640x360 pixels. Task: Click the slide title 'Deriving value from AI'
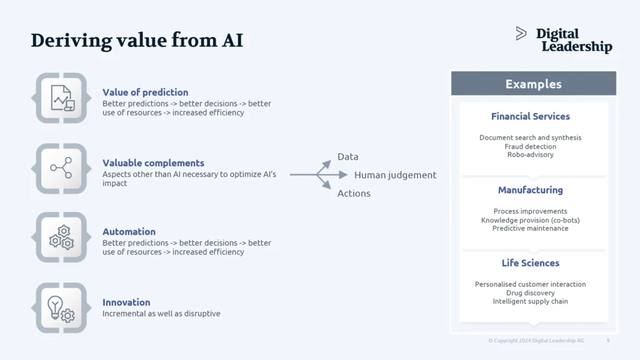click(x=137, y=41)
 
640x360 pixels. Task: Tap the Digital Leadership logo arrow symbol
click(x=521, y=34)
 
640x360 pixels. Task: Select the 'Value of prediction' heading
click(x=145, y=92)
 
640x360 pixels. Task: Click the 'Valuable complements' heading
click(x=153, y=163)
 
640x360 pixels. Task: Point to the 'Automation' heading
click(x=129, y=232)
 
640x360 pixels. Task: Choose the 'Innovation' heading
click(x=126, y=302)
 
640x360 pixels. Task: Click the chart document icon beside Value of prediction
click(x=61, y=97)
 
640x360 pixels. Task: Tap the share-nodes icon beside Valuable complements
click(x=61, y=168)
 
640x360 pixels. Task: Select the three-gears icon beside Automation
click(x=61, y=237)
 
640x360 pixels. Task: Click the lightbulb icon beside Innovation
click(x=61, y=307)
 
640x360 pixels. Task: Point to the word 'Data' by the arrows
click(x=348, y=157)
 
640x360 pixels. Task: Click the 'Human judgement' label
click(x=395, y=175)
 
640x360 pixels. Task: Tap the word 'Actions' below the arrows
click(x=354, y=194)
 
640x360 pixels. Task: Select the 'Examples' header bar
click(x=533, y=84)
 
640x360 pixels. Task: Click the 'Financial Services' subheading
click(x=530, y=116)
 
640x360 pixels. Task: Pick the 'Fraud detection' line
click(x=530, y=146)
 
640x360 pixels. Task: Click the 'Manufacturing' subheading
click(x=530, y=190)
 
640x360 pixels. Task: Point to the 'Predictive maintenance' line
click(x=530, y=229)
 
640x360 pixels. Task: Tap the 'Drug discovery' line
click(x=530, y=293)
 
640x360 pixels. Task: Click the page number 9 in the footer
click(x=608, y=341)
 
